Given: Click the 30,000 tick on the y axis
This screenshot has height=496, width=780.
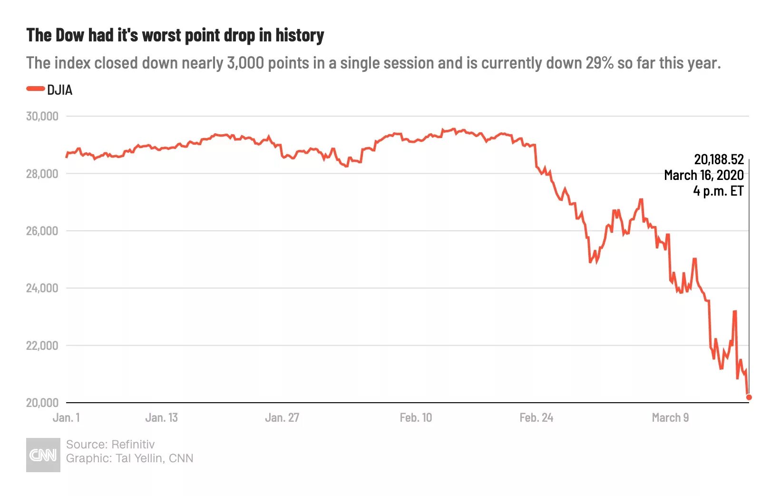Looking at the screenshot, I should coord(42,116).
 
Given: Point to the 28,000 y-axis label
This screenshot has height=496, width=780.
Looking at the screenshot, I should coord(42,174).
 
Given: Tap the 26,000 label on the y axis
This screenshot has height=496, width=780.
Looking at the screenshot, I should coord(42,231).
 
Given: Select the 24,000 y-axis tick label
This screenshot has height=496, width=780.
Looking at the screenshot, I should coord(42,288).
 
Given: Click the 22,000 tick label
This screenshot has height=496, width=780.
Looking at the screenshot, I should coord(42,346).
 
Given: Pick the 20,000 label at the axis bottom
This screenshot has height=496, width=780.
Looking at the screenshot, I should coord(42,403).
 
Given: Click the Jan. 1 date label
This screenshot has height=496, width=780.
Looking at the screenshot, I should coord(66,417).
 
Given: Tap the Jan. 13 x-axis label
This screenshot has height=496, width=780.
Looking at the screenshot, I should coord(161,417).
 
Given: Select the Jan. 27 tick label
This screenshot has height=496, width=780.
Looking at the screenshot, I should coord(282,417).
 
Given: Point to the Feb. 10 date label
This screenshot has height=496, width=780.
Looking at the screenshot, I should coord(416,417).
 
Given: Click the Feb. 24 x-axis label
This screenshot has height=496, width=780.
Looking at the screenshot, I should coord(536,417).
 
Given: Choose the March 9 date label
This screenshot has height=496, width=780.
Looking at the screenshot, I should coord(670,417).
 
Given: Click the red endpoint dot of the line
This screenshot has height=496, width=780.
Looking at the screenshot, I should coord(749,397).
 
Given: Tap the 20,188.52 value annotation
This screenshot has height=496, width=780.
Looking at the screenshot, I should coord(719,159).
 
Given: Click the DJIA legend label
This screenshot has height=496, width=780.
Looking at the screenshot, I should coord(59,90).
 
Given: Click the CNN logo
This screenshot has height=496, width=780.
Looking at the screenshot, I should coord(43,455).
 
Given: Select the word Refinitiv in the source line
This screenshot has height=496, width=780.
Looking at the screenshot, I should coord(133,444).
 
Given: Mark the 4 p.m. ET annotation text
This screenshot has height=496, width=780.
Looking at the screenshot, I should coord(718,191).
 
